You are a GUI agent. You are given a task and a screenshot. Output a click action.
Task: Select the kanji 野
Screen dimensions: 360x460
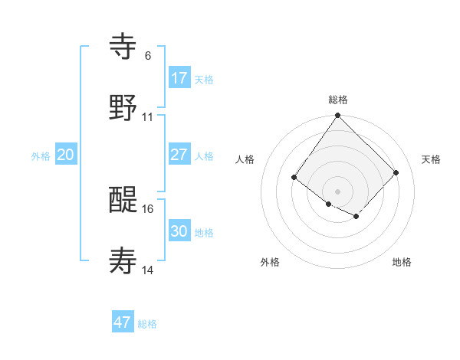[123, 107]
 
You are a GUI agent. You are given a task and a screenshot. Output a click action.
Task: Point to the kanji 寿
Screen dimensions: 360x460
[123, 261]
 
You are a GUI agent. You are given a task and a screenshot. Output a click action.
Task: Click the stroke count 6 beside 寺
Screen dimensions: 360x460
[148, 56]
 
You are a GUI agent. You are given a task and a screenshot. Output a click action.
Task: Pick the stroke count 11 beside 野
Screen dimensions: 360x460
[148, 117]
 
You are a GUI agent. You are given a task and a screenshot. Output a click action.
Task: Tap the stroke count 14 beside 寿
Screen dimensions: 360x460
[148, 270]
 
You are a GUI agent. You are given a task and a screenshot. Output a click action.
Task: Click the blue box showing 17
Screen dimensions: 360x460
[179, 78]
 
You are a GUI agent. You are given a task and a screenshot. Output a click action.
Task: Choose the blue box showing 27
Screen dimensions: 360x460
[179, 155]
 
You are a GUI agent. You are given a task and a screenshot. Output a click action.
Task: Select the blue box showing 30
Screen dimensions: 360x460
[179, 231]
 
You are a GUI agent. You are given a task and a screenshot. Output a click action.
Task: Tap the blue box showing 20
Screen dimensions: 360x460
[66, 155]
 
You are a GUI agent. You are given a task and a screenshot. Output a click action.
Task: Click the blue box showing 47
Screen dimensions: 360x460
[123, 322]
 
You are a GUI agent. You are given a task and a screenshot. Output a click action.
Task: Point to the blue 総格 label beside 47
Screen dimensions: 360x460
[147, 324]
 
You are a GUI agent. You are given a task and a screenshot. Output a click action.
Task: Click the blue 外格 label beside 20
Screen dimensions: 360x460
[41, 156]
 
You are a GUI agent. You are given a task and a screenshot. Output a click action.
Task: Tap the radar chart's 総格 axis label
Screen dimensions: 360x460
[338, 100]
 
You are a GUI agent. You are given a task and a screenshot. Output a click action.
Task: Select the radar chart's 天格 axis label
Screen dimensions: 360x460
[432, 159]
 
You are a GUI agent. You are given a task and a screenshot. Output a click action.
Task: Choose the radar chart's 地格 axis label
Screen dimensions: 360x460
[402, 262]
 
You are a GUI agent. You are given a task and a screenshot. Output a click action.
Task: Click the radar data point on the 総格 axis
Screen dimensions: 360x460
[338, 116]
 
